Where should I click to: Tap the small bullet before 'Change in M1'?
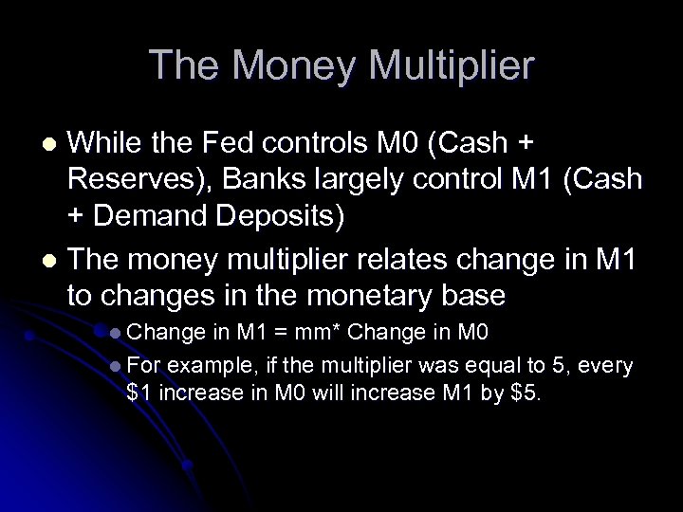click(115, 335)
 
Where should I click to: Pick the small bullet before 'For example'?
click(115, 365)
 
